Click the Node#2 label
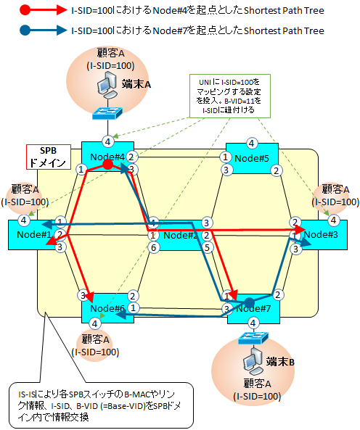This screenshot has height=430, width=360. (x=178, y=235)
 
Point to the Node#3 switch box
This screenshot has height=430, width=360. (x=323, y=234)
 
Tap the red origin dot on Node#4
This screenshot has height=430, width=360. (x=107, y=165)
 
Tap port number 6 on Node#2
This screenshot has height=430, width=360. (x=153, y=247)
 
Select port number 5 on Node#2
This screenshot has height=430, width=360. (x=207, y=247)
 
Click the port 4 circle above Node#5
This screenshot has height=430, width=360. (x=252, y=142)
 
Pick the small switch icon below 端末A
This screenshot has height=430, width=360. (x=107, y=113)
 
